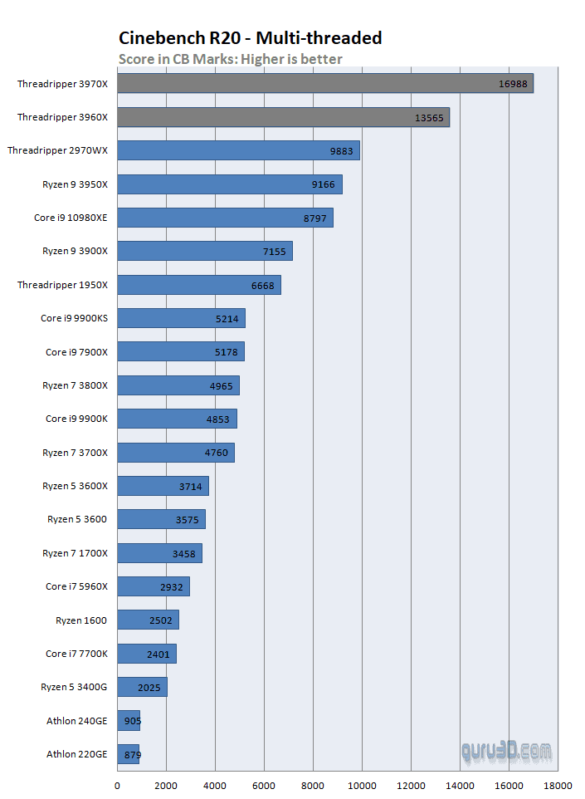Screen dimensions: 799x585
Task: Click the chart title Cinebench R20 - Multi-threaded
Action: [250, 37]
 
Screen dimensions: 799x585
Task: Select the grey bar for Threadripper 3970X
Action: [324, 84]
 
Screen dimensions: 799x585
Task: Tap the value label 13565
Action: [429, 118]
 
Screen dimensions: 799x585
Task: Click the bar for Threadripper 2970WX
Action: [238, 151]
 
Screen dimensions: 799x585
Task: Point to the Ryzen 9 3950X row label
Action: [75, 184]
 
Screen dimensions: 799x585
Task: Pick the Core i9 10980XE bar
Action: [225, 218]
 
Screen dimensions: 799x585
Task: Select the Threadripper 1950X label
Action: [62, 285]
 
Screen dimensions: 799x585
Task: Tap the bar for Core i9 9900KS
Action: [181, 318]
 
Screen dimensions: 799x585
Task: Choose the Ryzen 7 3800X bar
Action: [178, 385]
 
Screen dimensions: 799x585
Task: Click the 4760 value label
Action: [216, 453]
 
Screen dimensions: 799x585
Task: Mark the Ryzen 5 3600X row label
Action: [75, 486]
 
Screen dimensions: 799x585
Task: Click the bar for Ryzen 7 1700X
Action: [159, 553]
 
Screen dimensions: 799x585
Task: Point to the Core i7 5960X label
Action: [76, 586]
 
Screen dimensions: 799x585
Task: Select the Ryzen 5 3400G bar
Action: [142, 687]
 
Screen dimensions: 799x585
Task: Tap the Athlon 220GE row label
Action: [76, 754]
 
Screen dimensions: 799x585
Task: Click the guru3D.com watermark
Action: [506, 752]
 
